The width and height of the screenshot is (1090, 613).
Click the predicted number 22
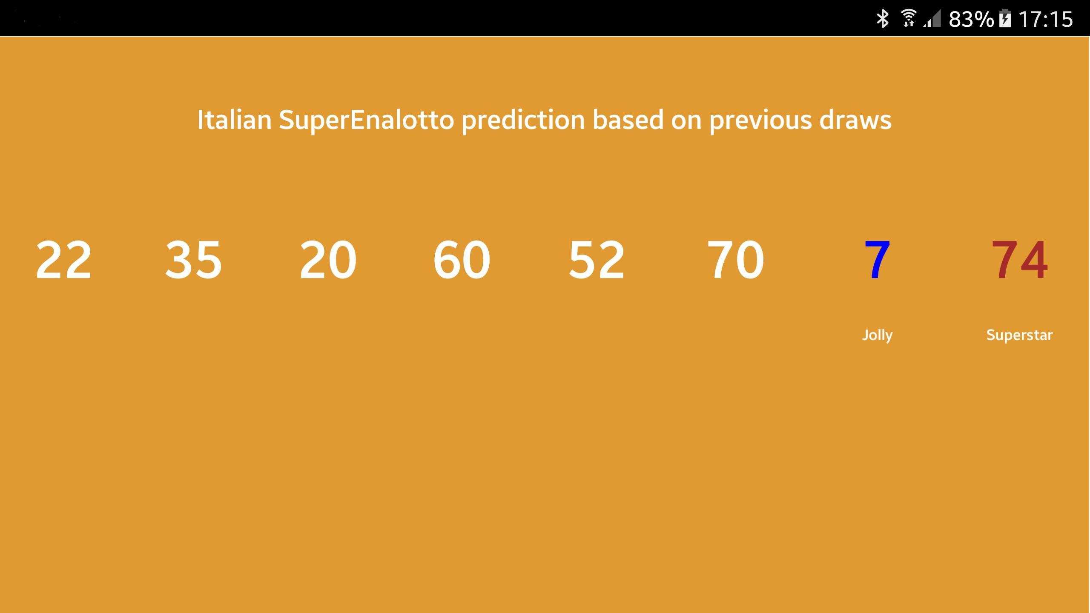pos(63,260)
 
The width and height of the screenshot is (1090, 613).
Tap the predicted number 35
pos(193,260)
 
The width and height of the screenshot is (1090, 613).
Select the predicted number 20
pos(328,260)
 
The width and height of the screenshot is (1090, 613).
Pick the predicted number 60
pos(462,260)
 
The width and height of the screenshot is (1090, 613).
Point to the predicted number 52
pos(597,260)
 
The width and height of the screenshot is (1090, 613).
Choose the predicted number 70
pos(735,260)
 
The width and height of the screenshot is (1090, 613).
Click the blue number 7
pos(877,260)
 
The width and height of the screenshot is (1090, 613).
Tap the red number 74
pos(1019,260)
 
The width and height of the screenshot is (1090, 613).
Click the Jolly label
pos(877,335)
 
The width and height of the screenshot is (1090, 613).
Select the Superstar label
pos(1019,335)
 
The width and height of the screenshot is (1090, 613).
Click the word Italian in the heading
pos(234,120)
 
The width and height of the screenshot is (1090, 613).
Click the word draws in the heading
pos(855,120)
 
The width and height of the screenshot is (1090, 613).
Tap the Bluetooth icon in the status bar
pos(882,19)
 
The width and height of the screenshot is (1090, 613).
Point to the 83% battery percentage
pos(971,19)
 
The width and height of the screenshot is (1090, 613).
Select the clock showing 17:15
pos(1045,19)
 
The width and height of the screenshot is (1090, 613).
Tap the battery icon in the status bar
pos(1005,19)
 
